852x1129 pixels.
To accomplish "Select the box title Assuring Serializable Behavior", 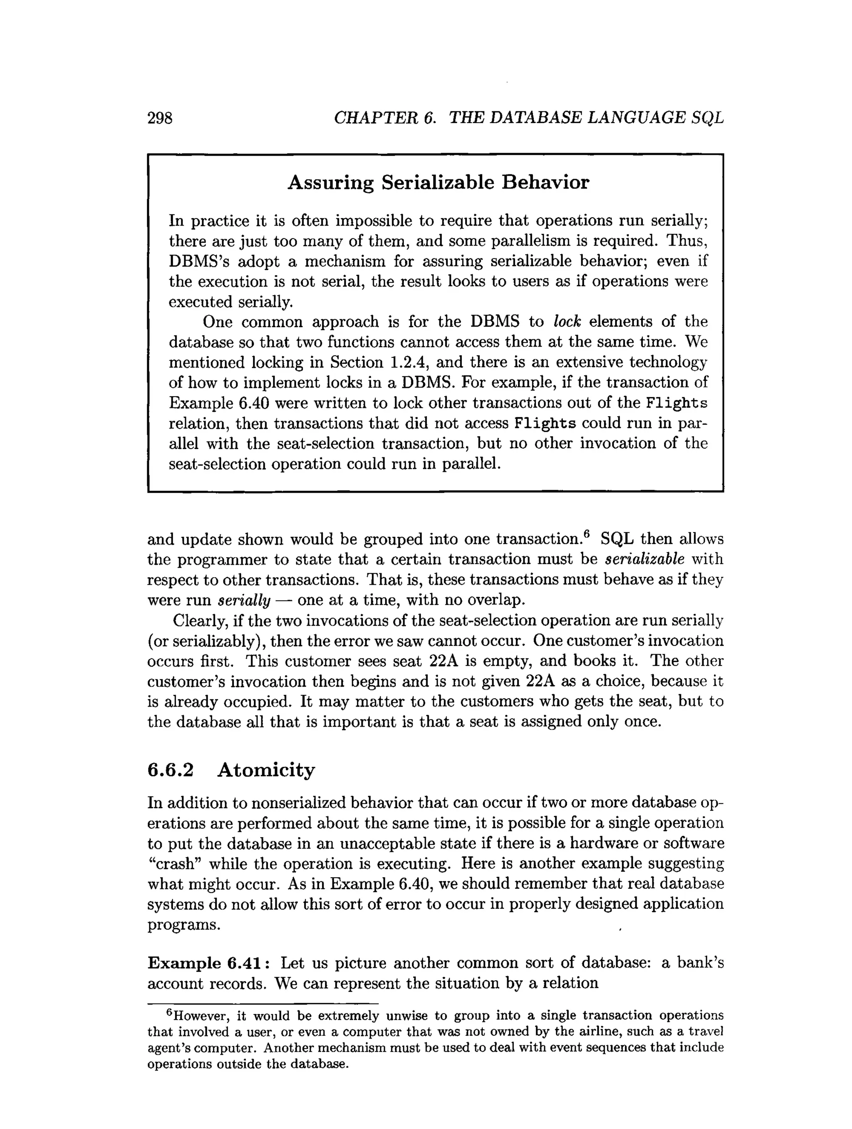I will tap(438, 182).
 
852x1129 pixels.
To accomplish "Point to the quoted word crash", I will tap(176, 863).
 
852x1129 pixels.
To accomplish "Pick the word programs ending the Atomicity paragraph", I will tap(183, 925).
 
